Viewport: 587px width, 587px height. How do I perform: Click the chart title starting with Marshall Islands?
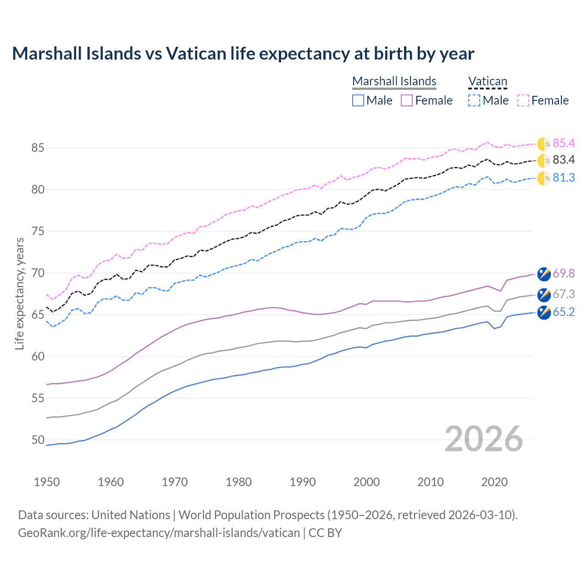pos(243,54)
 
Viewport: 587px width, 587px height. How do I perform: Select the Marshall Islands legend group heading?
pos(394,81)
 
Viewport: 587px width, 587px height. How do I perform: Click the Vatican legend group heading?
pos(487,81)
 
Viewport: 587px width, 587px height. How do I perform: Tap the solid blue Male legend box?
pos(358,100)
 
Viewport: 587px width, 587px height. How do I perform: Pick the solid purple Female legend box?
pos(407,100)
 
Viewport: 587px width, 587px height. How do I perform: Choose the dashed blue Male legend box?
pos(474,100)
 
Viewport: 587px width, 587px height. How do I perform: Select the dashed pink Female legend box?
pos(523,100)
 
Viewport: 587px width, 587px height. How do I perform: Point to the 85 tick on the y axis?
pos(38,148)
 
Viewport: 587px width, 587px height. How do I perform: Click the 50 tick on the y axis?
pos(38,440)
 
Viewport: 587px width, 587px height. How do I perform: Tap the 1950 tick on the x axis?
pos(47,482)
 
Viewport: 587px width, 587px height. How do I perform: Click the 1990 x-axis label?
pos(303,482)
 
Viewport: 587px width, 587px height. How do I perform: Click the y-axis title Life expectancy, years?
pos(19,293)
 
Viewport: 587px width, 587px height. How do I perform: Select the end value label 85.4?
pos(564,144)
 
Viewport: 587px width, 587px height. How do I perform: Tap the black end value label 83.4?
pos(564,160)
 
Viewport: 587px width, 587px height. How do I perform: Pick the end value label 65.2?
pos(564,312)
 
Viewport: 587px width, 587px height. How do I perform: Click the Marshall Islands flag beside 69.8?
pos(544,274)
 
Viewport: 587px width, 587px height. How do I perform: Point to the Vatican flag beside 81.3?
pos(544,178)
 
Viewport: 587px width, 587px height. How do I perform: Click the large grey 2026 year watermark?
pos(484,439)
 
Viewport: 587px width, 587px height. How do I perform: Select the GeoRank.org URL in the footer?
pos(159,533)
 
